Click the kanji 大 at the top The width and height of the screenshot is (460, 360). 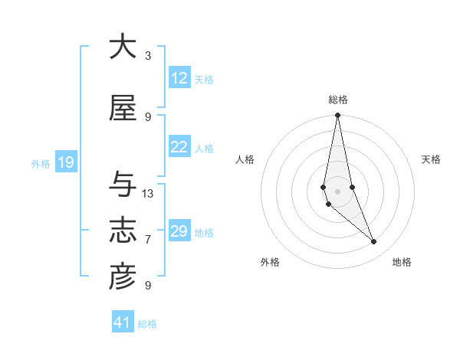(x=123, y=47)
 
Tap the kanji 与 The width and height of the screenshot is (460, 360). (x=123, y=185)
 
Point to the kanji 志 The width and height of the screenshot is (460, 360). (x=123, y=231)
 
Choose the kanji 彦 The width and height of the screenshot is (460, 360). (x=123, y=277)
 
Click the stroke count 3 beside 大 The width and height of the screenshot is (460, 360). (x=148, y=56)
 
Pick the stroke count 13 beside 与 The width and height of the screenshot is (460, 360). (x=148, y=194)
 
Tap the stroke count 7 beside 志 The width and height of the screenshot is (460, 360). (x=148, y=240)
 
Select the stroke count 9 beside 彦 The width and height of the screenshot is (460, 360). (x=148, y=286)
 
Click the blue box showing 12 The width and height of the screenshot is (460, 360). (x=179, y=78)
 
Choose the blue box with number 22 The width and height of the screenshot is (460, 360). (x=179, y=147)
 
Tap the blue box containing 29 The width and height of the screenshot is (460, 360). (x=179, y=231)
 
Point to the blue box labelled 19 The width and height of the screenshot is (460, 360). (x=65, y=162)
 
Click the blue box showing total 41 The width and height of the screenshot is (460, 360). (x=123, y=322)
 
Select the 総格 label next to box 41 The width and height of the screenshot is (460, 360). (x=147, y=324)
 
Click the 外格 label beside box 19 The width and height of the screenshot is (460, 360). (x=41, y=163)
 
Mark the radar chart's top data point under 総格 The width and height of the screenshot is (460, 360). (x=337, y=116)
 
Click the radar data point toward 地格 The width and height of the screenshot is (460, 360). (x=374, y=242)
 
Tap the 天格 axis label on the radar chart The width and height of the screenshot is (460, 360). (x=432, y=159)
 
